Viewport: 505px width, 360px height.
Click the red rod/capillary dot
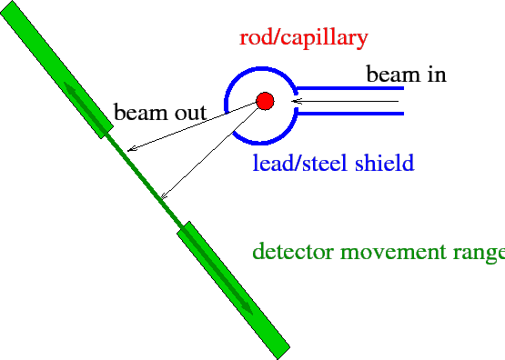265,100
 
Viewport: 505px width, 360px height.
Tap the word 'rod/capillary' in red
303,38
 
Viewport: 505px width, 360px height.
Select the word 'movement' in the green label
392,252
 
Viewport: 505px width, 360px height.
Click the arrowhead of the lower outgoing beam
162,195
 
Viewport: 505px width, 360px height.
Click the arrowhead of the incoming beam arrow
279,101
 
